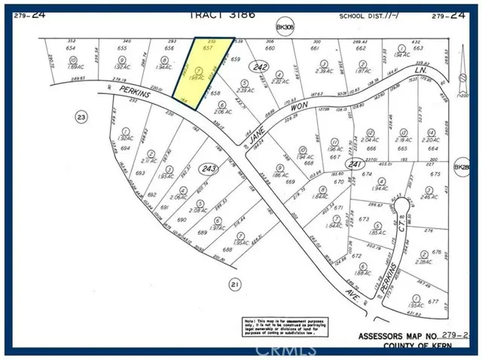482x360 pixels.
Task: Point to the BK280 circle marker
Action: pos(461,167)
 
